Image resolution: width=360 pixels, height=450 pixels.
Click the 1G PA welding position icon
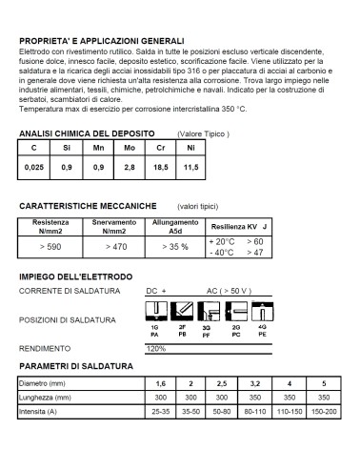(x=154, y=312)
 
